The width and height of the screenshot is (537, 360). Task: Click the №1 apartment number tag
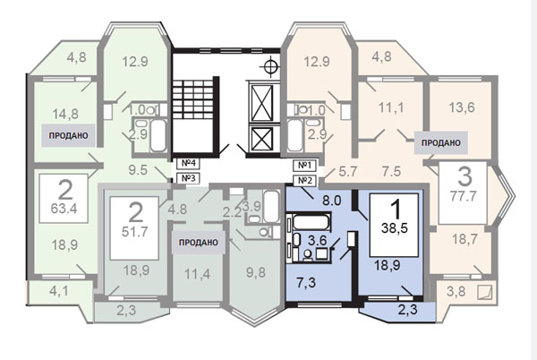coord(304,166)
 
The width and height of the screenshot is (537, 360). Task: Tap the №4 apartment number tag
coord(188,163)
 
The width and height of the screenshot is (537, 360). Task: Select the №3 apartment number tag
coord(188,178)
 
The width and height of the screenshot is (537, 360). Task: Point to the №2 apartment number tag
coord(304,181)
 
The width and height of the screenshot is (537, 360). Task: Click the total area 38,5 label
coord(395,228)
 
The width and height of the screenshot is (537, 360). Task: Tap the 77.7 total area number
coord(463,197)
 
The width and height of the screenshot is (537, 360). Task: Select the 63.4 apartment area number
coord(64,209)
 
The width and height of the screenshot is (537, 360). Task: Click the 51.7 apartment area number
coord(134,232)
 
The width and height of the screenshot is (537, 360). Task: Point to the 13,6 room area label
coord(462,107)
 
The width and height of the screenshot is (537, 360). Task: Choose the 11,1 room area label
coord(391,107)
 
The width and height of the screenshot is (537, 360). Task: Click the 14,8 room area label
coord(65,114)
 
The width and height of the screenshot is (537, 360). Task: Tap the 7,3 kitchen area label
coord(306,283)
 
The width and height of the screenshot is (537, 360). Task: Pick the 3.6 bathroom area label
coord(318,240)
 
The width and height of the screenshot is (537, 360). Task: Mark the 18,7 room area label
coord(465,239)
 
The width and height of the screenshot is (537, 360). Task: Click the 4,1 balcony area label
coord(59,292)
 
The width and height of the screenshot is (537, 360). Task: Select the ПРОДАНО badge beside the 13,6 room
coord(440,142)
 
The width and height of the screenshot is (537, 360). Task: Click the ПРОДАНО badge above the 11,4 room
coord(199,243)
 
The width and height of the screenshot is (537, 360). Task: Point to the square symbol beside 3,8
coord(485,292)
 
